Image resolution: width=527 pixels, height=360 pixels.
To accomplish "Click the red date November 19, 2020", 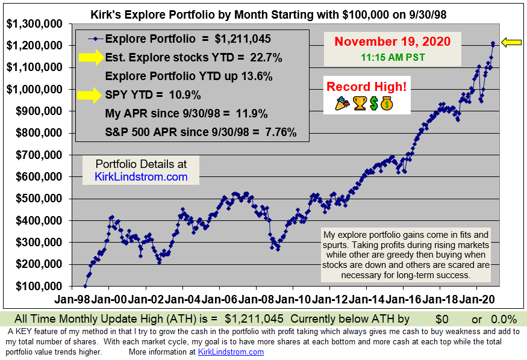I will tap(392, 42).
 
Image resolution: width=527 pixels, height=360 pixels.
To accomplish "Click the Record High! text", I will tap(366, 87).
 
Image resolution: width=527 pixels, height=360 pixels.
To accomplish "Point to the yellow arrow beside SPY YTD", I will tap(90, 95).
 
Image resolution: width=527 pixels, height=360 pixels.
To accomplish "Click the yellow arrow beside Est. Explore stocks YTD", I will tap(90, 58).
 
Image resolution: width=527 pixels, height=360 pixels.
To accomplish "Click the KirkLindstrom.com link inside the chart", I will tap(142, 177).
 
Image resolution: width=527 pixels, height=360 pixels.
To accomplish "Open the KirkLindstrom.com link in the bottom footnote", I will tap(231, 352).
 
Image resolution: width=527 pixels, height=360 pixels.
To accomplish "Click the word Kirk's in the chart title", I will tap(106, 13).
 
